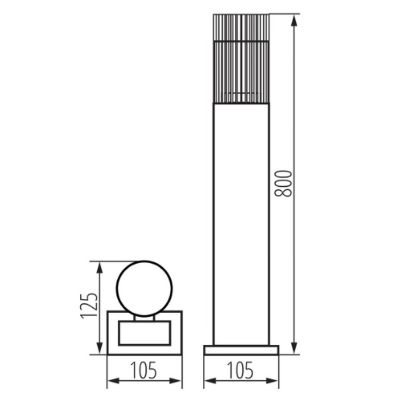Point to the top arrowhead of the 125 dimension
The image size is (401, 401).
pyautogui.click(x=99, y=264)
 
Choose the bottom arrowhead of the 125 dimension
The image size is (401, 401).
pyautogui.click(x=99, y=350)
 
